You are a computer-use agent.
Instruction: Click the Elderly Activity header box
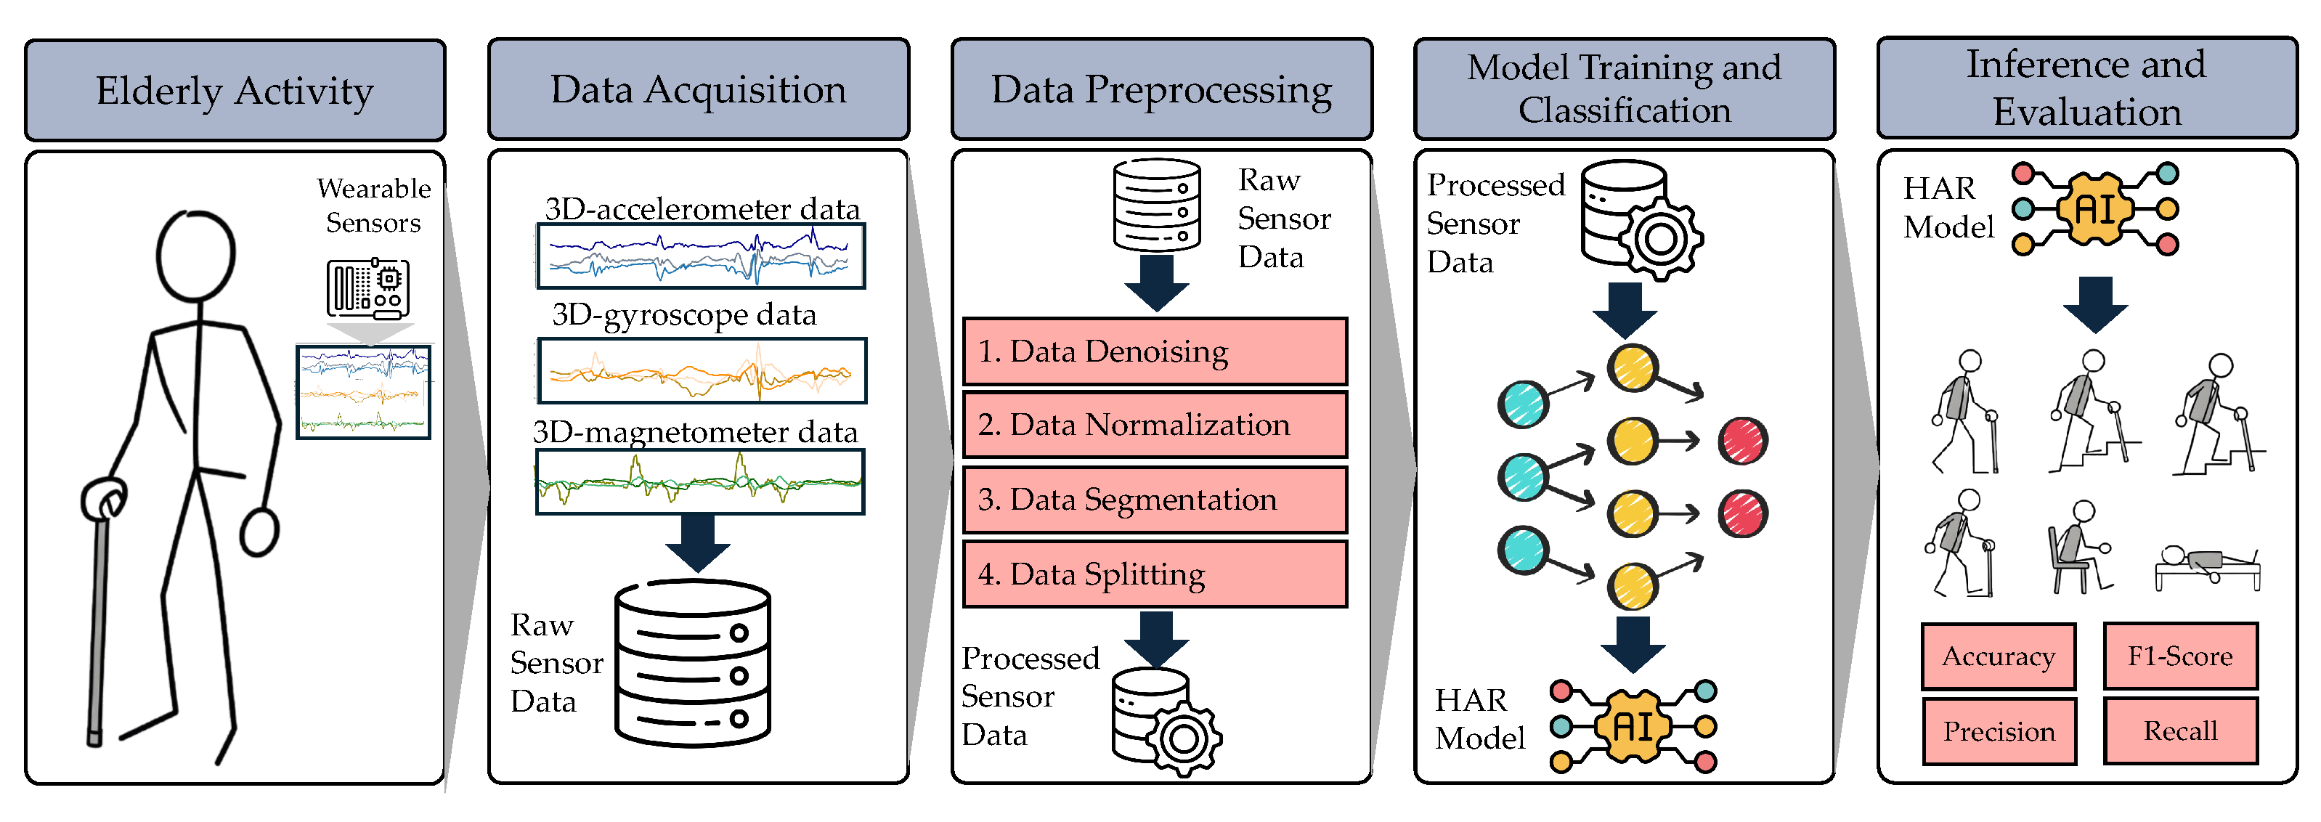coord(235,90)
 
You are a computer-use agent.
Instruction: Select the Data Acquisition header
coord(699,89)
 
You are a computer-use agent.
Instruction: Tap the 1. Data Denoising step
coord(1155,351)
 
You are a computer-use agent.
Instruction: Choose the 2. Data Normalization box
coord(1155,425)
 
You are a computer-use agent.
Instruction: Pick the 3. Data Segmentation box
coord(1155,500)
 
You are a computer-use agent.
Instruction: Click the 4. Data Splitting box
coord(1155,574)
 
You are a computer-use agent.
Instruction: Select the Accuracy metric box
coord(1999,656)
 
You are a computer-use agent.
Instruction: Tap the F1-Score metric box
coord(2180,655)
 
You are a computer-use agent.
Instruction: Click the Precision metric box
coord(1999,731)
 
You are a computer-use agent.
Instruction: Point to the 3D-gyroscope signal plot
coord(702,370)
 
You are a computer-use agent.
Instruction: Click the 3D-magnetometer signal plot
coord(700,482)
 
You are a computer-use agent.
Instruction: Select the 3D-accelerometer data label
coord(702,208)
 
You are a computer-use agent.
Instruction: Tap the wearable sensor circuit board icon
coord(368,289)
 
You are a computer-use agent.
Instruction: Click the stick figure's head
coord(195,256)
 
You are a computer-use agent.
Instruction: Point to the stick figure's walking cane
coord(101,613)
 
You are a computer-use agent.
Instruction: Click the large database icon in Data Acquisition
coord(693,662)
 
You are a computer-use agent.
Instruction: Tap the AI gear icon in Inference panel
coord(2096,209)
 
